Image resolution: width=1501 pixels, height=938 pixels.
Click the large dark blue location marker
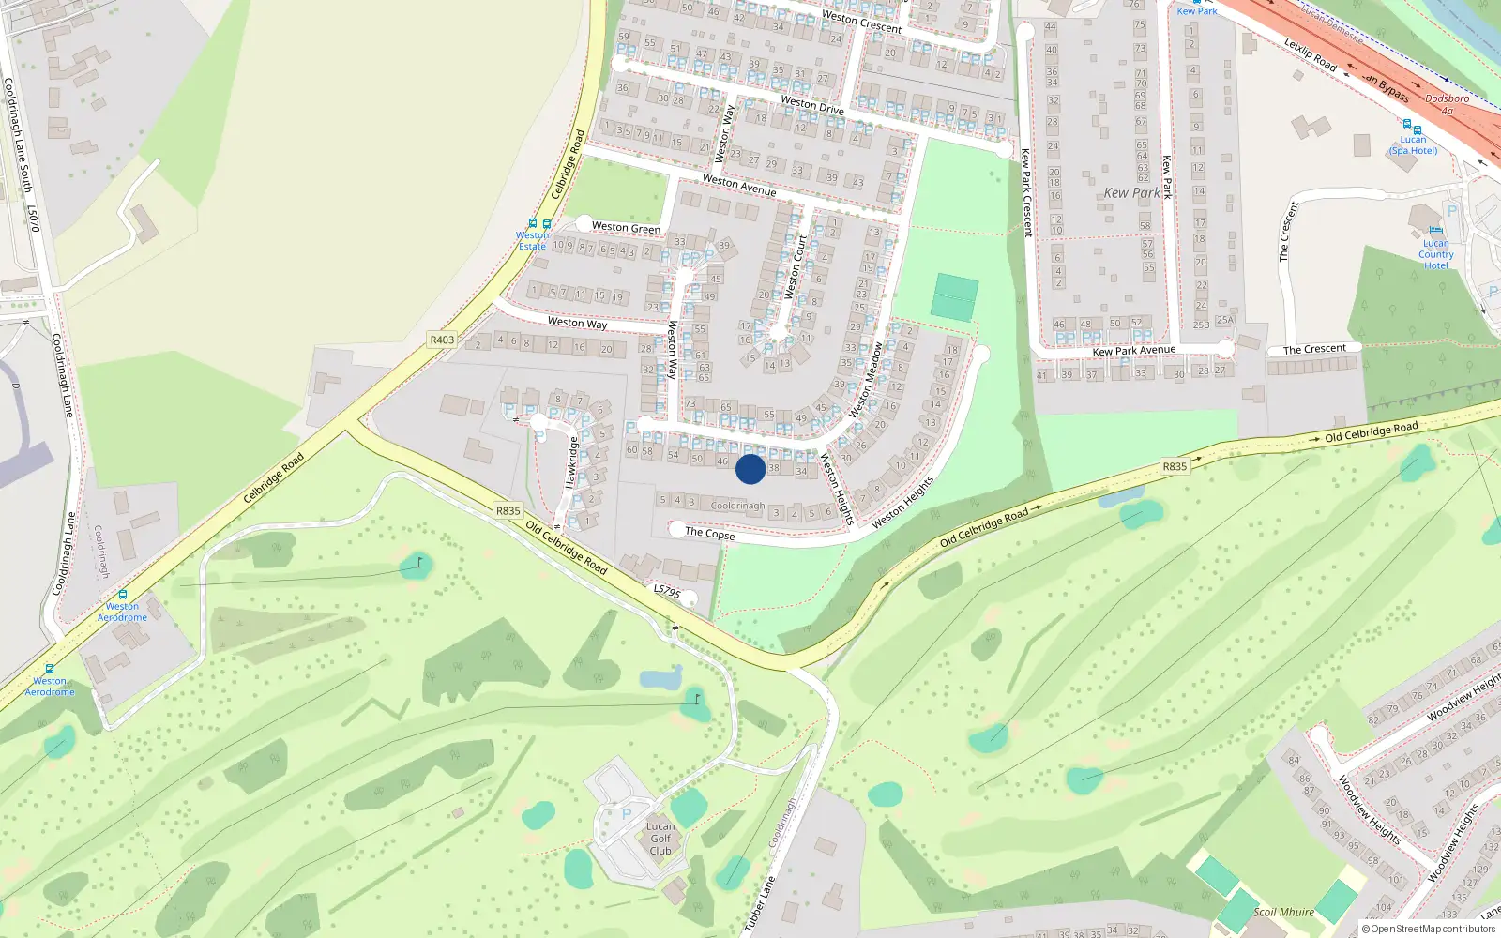click(750, 469)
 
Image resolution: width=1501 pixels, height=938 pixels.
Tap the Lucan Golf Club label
click(660, 839)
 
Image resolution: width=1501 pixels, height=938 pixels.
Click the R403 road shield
click(441, 340)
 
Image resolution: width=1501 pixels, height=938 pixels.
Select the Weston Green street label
click(626, 227)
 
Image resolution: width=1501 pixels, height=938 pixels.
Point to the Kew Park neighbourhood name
click(1131, 192)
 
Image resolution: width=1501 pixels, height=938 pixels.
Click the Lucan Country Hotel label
click(1435, 254)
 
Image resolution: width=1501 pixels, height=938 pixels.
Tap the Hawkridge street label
click(570, 461)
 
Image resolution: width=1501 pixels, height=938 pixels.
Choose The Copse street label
click(709, 533)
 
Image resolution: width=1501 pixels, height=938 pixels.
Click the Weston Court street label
click(795, 266)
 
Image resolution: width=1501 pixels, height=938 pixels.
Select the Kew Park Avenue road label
click(1133, 351)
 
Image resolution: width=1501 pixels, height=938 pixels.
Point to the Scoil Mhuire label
click(1283, 912)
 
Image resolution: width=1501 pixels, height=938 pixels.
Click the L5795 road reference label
click(666, 591)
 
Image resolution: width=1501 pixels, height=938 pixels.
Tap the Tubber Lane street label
click(760, 903)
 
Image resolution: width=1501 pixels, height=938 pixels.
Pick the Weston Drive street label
click(811, 104)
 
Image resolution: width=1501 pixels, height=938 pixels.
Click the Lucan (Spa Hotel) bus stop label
click(1413, 144)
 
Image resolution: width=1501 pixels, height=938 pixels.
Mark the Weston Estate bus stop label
click(532, 240)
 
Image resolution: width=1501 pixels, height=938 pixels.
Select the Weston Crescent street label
click(861, 21)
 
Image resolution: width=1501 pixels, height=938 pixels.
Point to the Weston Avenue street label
click(739, 184)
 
